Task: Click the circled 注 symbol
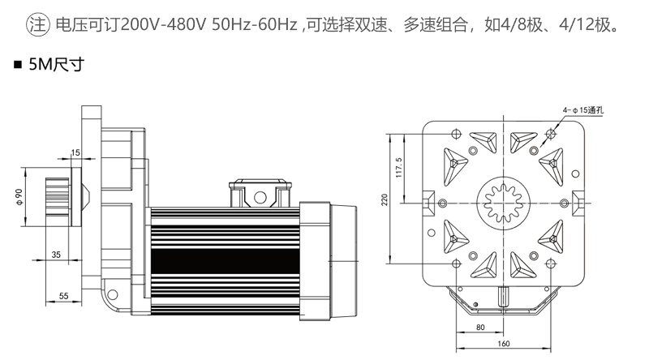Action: click(x=37, y=25)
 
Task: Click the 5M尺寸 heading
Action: click(x=56, y=64)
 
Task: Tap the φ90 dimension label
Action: click(x=19, y=196)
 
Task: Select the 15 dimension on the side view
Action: click(x=75, y=152)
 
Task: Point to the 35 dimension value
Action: click(x=56, y=255)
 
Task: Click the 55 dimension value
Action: click(x=63, y=296)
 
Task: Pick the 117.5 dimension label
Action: click(x=399, y=167)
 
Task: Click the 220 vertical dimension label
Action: click(x=385, y=199)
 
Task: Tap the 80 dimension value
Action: click(x=480, y=328)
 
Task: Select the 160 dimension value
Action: click(x=503, y=344)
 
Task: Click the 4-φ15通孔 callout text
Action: click(x=582, y=110)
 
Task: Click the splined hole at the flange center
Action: click(x=503, y=203)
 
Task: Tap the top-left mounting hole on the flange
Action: click(x=456, y=134)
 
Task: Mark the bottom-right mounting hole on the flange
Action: click(x=550, y=264)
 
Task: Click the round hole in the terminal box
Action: click(x=260, y=197)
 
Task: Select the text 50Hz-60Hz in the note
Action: click(x=255, y=25)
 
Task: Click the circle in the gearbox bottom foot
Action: click(x=112, y=294)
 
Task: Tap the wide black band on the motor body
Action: click(x=225, y=261)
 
